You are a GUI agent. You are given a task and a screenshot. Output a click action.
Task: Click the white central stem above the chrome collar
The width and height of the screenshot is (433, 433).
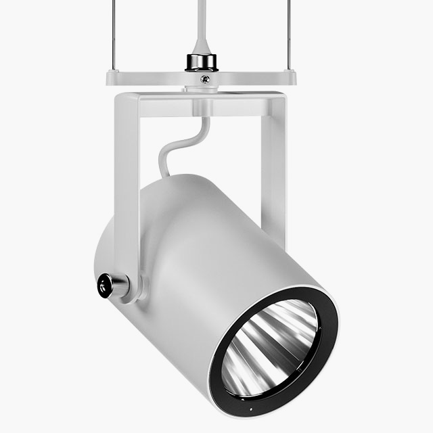[201, 24]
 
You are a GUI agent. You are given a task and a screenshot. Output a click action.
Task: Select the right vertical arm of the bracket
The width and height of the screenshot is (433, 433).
[273, 162]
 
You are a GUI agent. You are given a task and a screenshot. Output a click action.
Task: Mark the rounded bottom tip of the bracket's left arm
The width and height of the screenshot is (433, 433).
[135, 294]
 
